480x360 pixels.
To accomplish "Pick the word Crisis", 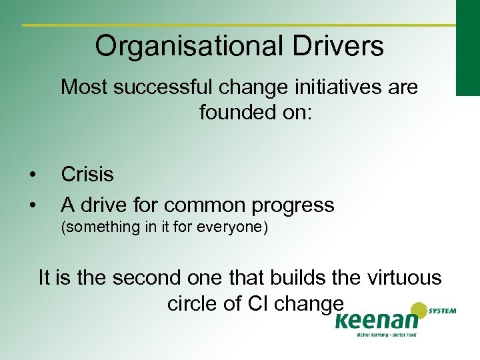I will (87, 175).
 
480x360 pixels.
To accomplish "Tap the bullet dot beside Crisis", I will (32, 175).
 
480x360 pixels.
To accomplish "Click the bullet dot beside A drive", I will (32, 205).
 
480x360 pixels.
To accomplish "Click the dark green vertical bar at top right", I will (467, 47).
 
